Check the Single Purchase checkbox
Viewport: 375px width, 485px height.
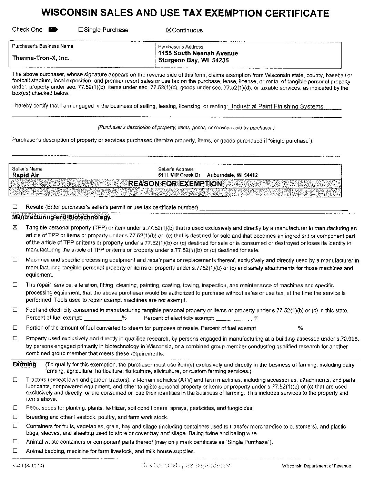pos(81,30)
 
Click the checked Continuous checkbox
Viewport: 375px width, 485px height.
pos(169,30)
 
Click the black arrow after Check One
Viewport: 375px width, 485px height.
pos(53,30)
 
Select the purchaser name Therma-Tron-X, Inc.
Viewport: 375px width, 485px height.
pos(41,58)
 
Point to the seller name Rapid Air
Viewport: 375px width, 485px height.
pos(26,175)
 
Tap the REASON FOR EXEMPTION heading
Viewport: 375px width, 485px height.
pos(175,184)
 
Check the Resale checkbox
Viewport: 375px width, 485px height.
pos(15,207)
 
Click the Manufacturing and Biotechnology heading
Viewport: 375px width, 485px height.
pos(61,217)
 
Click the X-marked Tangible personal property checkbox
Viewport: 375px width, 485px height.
pos(15,228)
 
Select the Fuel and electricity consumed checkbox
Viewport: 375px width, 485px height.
pos(15,310)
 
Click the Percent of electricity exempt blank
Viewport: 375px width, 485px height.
pos(234,318)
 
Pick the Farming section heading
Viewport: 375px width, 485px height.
pos(24,364)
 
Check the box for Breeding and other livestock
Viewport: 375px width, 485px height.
pos(15,417)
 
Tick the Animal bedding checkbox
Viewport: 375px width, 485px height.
pos(15,451)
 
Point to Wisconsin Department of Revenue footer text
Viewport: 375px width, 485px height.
pos(316,466)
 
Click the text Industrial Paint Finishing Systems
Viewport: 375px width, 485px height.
pos(277,106)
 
